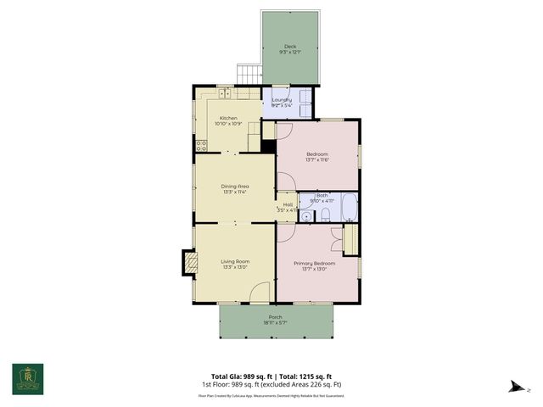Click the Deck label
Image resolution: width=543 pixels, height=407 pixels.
coord(290,47)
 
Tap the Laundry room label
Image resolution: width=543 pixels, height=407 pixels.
coord(282,100)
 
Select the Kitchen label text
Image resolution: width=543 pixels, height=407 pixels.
coord(229,118)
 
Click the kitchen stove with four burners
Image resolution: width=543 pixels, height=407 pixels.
coord(201,145)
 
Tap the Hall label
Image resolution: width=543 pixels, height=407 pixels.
coord(288,204)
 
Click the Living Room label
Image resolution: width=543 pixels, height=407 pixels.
coord(234,262)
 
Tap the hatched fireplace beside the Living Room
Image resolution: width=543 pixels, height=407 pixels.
coord(191,264)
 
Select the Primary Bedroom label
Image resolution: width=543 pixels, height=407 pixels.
coord(315,263)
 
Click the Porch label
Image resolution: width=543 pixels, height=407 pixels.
coord(276,317)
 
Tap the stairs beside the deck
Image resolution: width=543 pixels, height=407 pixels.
coord(248,74)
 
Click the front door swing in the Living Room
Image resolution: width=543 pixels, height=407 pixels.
coord(261,292)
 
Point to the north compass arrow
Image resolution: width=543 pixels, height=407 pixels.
coord(516,388)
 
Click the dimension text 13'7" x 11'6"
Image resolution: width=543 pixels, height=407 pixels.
coord(317,159)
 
